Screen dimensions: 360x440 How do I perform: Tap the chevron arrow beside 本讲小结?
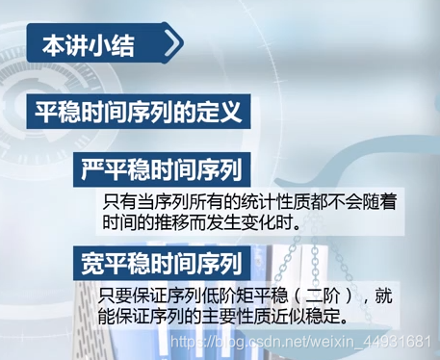[x=171, y=44]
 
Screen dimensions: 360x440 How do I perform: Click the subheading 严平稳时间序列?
[x=160, y=170]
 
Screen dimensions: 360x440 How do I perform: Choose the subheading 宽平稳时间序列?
[x=160, y=261]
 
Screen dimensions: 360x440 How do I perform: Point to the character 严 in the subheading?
[x=93, y=170]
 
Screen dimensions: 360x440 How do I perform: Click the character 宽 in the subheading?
[x=93, y=261]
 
